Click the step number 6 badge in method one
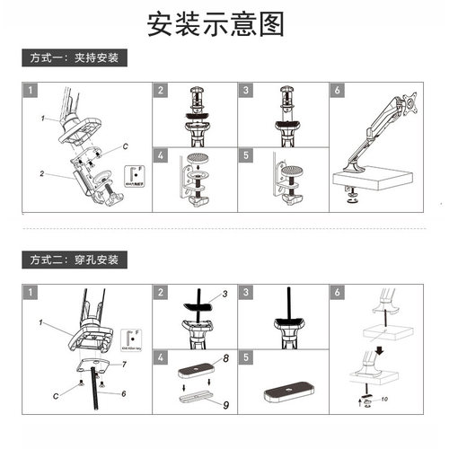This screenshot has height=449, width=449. tap(337, 91)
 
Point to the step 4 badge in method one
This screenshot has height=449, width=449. tap(161, 154)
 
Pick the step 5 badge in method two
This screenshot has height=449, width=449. tap(246, 357)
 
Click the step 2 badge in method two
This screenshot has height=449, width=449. tap(161, 293)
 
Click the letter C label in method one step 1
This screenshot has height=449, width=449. tap(126, 145)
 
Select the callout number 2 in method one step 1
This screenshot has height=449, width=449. tap(42, 171)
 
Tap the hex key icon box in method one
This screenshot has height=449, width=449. tap(136, 173)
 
